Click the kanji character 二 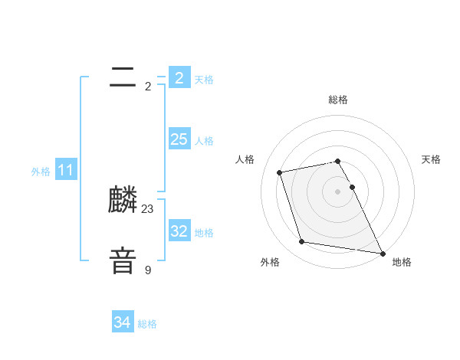pyautogui.click(x=123, y=77)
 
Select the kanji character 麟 pyautogui.click(x=123, y=201)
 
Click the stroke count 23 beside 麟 pyautogui.click(x=148, y=208)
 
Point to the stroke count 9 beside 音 pyautogui.click(x=148, y=270)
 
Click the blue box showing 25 pyautogui.click(x=179, y=139)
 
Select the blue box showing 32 pyautogui.click(x=179, y=231)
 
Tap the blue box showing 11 pyautogui.click(x=65, y=170)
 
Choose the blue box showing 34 pyautogui.click(x=122, y=322)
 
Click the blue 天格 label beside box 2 pyautogui.click(x=204, y=79)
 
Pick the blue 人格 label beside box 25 pyautogui.click(x=204, y=141)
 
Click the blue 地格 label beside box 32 pyautogui.click(x=204, y=233)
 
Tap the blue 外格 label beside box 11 pyautogui.click(x=41, y=172)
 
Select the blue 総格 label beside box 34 pyautogui.click(x=147, y=325)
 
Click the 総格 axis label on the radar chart pyautogui.click(x=338, y=100)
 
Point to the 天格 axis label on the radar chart pyautogui.click(x=432, y=159)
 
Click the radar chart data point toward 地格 pyautogui.click(x=382, y=253)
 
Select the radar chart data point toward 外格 pyautogui.click(x=302, y=242)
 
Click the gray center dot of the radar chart pyautogui.click(x=338, y=191)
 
